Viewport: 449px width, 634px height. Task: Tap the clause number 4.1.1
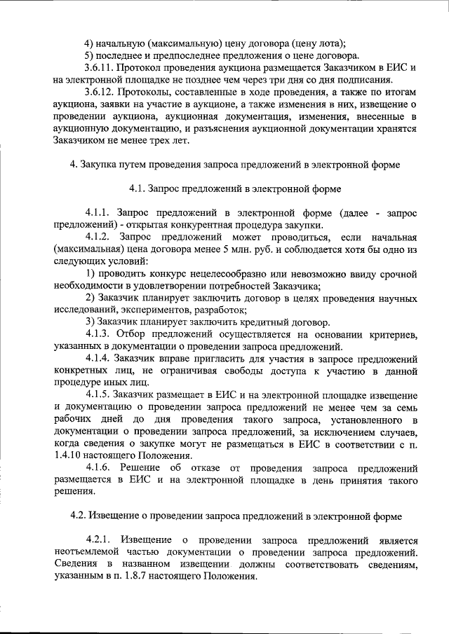point(98,213)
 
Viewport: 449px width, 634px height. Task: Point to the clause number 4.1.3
point(98,335)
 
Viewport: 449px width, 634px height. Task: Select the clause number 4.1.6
point(98,468)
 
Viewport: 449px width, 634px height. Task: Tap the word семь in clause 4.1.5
point(408,408)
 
